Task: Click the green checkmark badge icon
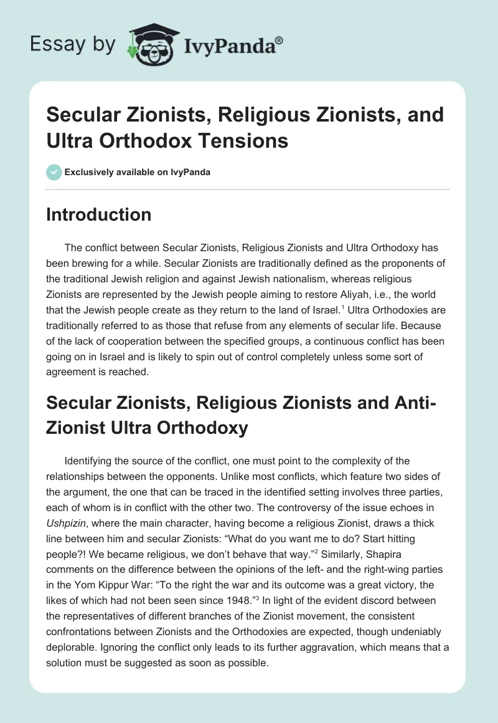click(54, 172)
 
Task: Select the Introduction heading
click(98, 214)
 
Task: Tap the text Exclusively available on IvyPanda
click(138, 172)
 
